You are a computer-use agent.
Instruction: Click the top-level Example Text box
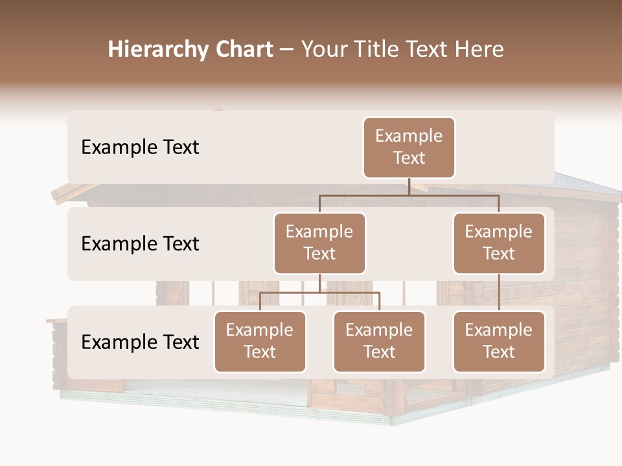click(x=409, y=147)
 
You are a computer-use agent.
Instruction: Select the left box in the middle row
click(x=319, y=243)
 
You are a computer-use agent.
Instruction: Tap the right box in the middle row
click(x=499, y=243)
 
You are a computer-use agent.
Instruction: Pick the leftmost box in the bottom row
click(x=260, y=341)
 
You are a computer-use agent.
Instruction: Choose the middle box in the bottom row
click(x=379, y=341)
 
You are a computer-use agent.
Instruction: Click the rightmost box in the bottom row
click(x=499, y=341)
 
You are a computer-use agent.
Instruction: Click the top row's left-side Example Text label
click(x=140, y=148)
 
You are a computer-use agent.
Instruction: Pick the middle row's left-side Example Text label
click(x=140, y=244)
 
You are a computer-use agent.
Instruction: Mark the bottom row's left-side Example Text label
click(x=140, y=342)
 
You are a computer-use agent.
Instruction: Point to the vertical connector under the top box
click(x=409, y=186)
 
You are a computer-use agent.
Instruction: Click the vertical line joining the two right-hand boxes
click(x=499, y=293)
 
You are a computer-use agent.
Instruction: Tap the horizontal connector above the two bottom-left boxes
click(x=319, y=293)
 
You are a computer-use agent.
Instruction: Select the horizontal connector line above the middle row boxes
click(x=409, y=195)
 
